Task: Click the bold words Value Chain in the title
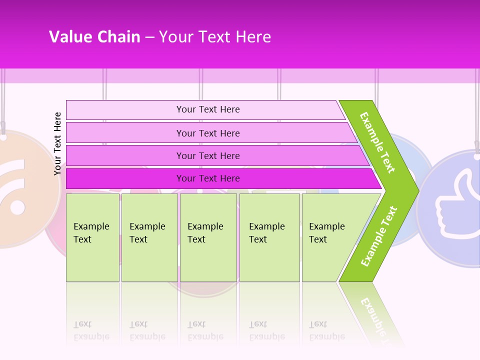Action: click(x=94, y=36)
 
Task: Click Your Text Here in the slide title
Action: click(x=215, y=36)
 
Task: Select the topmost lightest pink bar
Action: click(x=208, y=109)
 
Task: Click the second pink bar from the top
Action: click(x=208, y=133)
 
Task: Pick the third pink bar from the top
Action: click(x=208, y=155)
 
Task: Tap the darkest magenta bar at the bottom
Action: click(x=208, y=178)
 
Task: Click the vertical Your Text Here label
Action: click(x=57, y=143)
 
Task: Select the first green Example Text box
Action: click(x=92, y=237)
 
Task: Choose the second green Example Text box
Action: click(x=149, y=237)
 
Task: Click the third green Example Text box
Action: click(x=208, y=237)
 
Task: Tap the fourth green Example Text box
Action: click(x=269, y=237)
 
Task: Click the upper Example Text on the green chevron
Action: click(x=377, y=142)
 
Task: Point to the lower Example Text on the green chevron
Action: click(x=379, y=236)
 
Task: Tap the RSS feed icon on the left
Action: click(x=15, y=190)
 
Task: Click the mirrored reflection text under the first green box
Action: click(x=91, y=330)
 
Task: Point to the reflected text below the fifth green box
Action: click(x=326, y=330)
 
